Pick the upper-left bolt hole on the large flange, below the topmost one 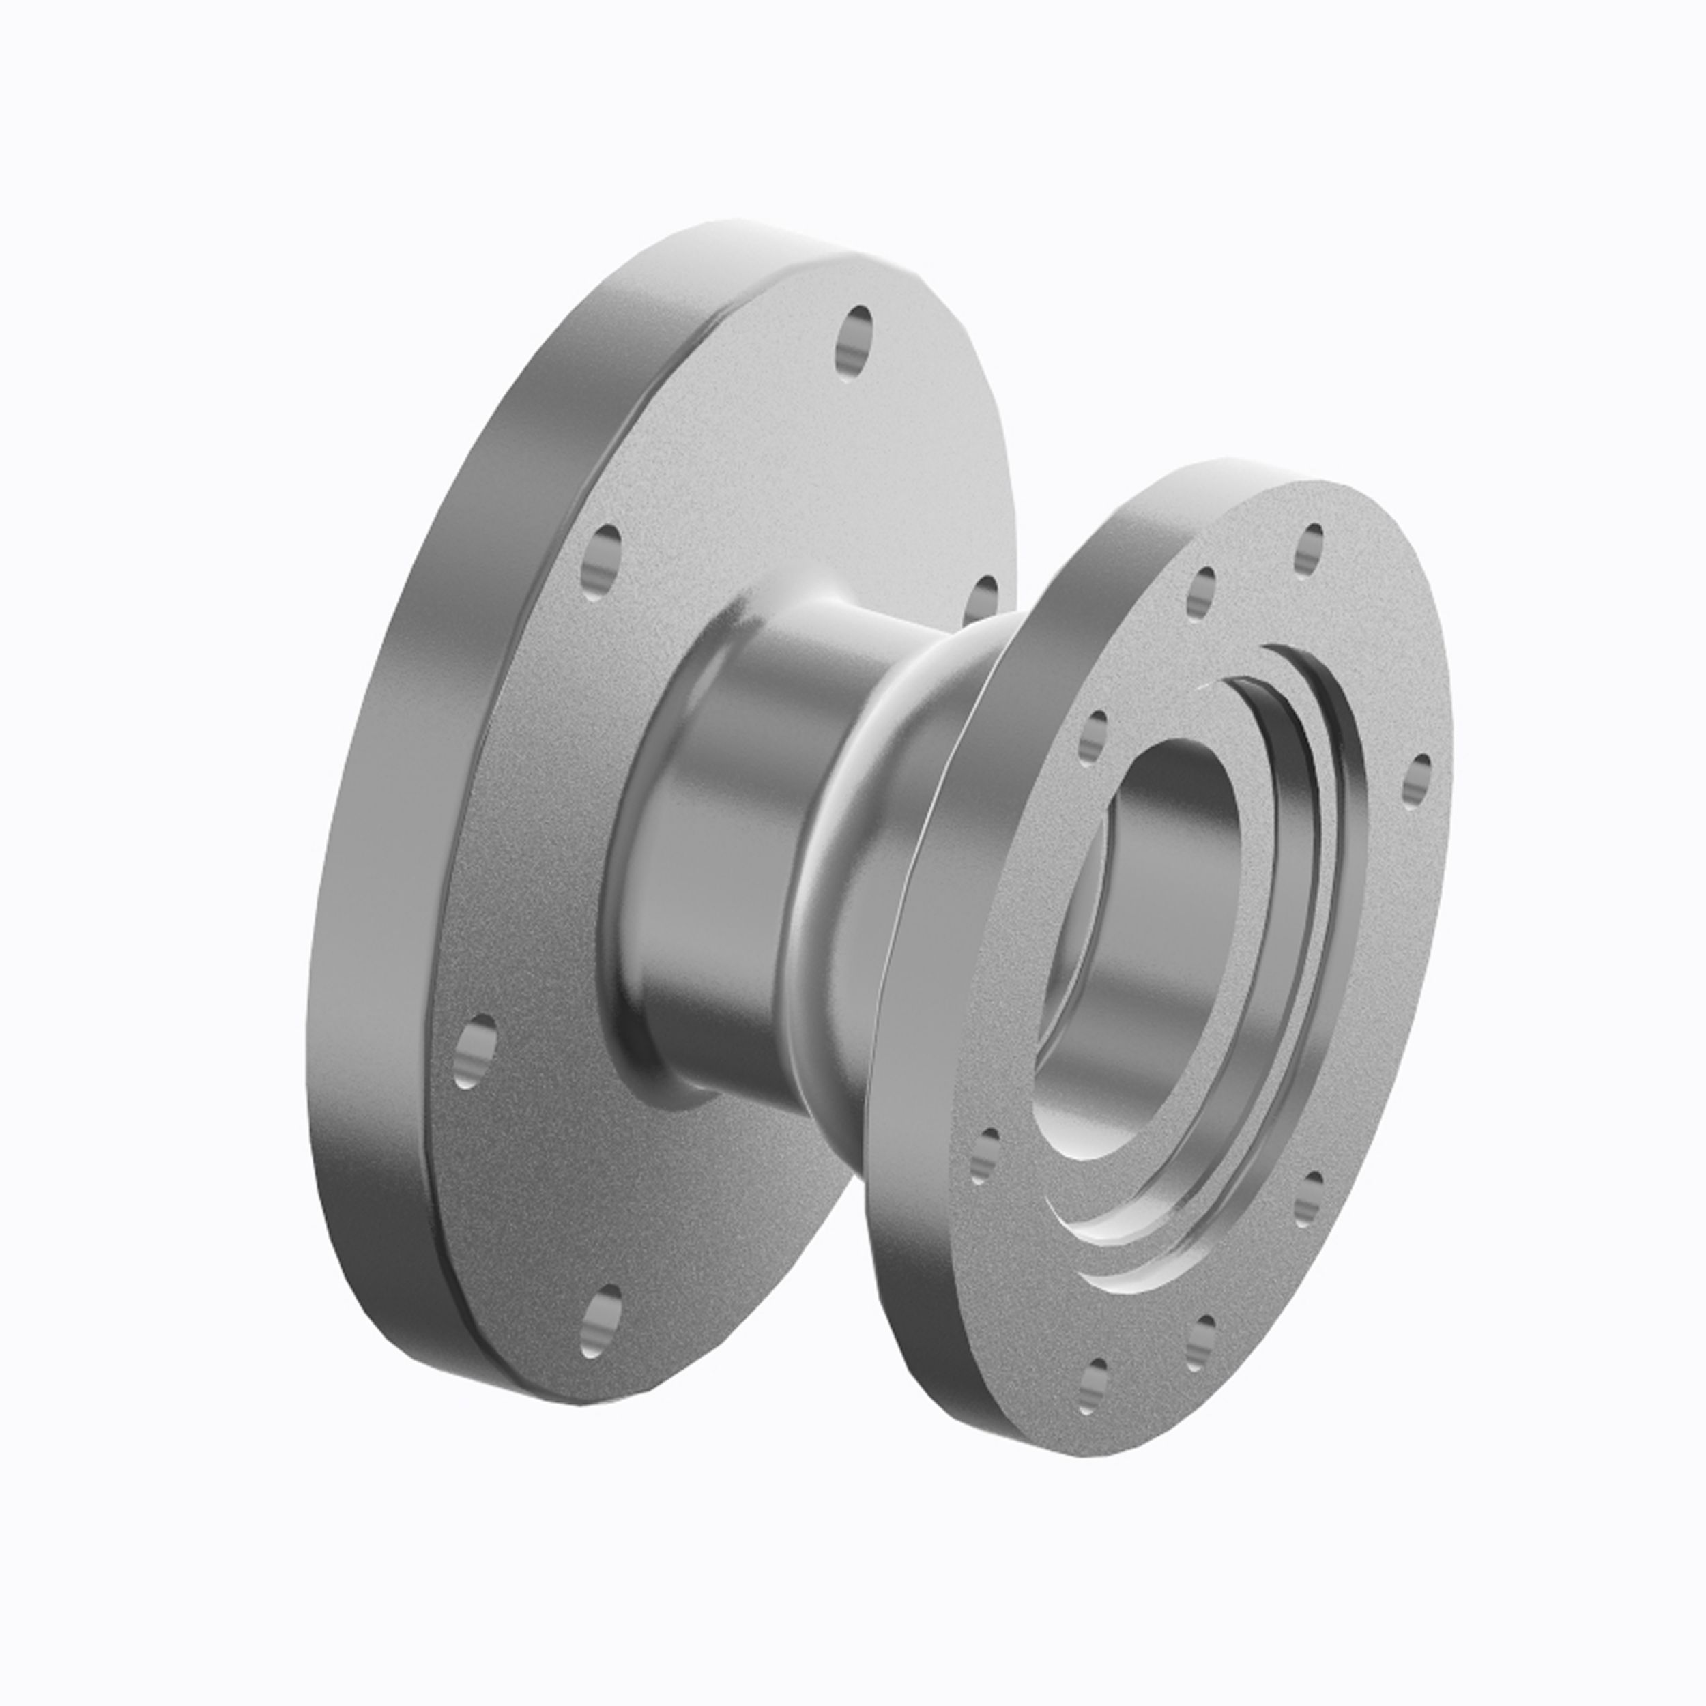[601, 562]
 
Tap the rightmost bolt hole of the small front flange [1417, 781]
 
